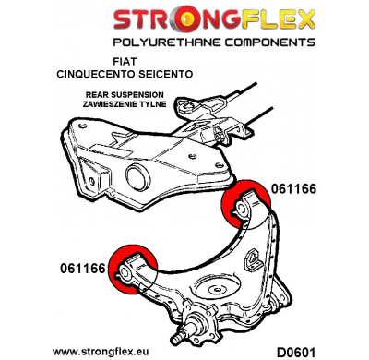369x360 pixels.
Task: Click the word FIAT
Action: point(183,65)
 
